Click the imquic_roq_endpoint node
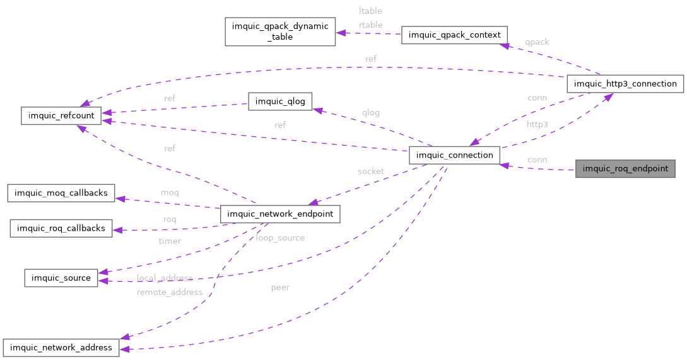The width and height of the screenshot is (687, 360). (625, 169)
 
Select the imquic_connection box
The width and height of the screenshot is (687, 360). (454, 155)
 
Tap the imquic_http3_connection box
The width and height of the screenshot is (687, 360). (625, 83)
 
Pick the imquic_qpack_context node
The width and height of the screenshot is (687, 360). (454, 35)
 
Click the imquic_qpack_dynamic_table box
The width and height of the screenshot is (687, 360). (280, 32)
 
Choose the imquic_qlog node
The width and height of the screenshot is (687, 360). (280, 102)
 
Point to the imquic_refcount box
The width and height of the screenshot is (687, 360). (61, 115)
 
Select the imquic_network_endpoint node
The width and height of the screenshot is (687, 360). (280, 214)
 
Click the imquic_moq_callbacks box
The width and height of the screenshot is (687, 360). (61, 192)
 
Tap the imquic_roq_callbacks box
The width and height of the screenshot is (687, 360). (61, 228)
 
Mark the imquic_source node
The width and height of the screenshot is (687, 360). (61, 277)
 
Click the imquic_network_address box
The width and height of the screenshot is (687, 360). (61, 347)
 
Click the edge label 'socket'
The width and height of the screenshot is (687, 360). (370, 171)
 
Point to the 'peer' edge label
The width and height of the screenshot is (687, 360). (280, 287)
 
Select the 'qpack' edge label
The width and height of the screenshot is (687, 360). (537, 42)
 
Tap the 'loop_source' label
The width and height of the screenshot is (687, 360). (280, 238)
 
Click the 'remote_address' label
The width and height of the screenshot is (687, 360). (170, 292)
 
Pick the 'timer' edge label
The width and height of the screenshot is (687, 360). (170, 241)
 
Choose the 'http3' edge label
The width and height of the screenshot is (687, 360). (537, 124)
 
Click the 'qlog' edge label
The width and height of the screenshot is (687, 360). (370, 113)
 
